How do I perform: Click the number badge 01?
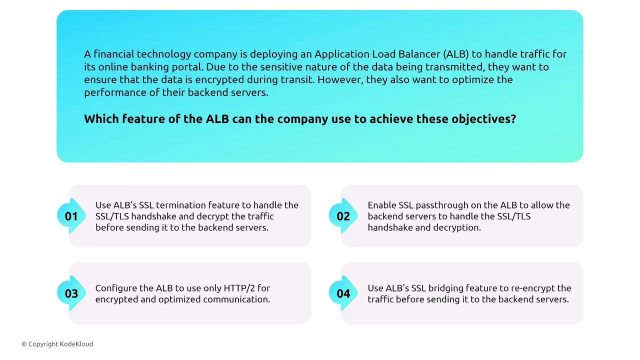[71, 216]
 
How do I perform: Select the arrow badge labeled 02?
[343, 216]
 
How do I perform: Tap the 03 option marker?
[71, 293]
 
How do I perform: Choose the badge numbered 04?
[343, 293]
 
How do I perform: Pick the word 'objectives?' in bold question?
[483, 119]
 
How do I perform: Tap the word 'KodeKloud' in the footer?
[76, 344]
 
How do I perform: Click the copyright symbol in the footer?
[24, 344]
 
